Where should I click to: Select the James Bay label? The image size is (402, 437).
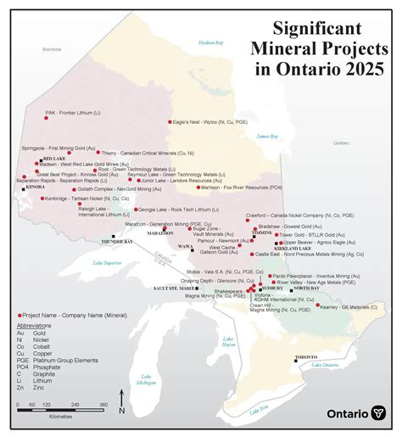point(267,136)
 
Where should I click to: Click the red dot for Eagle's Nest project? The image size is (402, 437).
point(169,122)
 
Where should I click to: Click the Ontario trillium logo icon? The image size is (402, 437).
point(379,413)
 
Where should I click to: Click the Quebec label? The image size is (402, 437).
point(342,143)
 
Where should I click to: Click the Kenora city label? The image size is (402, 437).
point(36,186)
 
